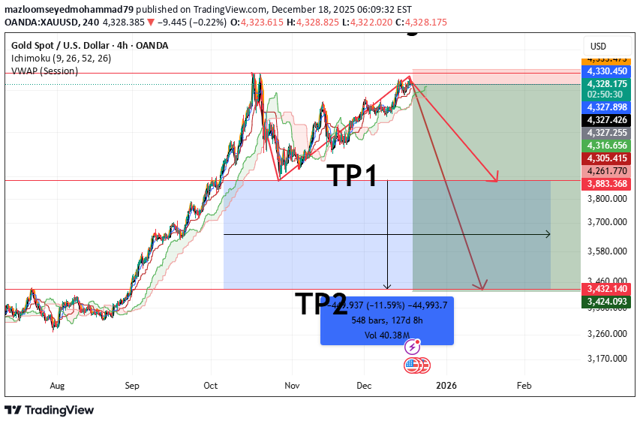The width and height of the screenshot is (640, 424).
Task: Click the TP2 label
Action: [321, 304]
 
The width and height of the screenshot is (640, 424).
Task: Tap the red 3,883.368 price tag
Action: [608, 183]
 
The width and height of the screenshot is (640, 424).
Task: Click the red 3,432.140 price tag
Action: [608, 289]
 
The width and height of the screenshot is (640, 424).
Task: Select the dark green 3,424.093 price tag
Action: [608, 302]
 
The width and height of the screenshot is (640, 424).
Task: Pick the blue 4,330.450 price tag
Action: [608, 71]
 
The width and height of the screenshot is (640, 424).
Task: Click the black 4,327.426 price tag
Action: [608, 119]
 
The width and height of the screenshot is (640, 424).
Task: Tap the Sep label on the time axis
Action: [133, 386]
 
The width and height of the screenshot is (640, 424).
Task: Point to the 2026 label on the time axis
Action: [446, 386]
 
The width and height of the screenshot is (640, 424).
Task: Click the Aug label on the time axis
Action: [57, 386]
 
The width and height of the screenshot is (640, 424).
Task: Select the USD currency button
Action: [598, 47]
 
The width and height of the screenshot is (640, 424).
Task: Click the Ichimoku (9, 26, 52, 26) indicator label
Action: [62, 58]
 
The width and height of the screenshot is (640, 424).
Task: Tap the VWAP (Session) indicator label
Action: [44, 71]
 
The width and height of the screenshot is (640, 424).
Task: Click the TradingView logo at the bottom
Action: [50, 410]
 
